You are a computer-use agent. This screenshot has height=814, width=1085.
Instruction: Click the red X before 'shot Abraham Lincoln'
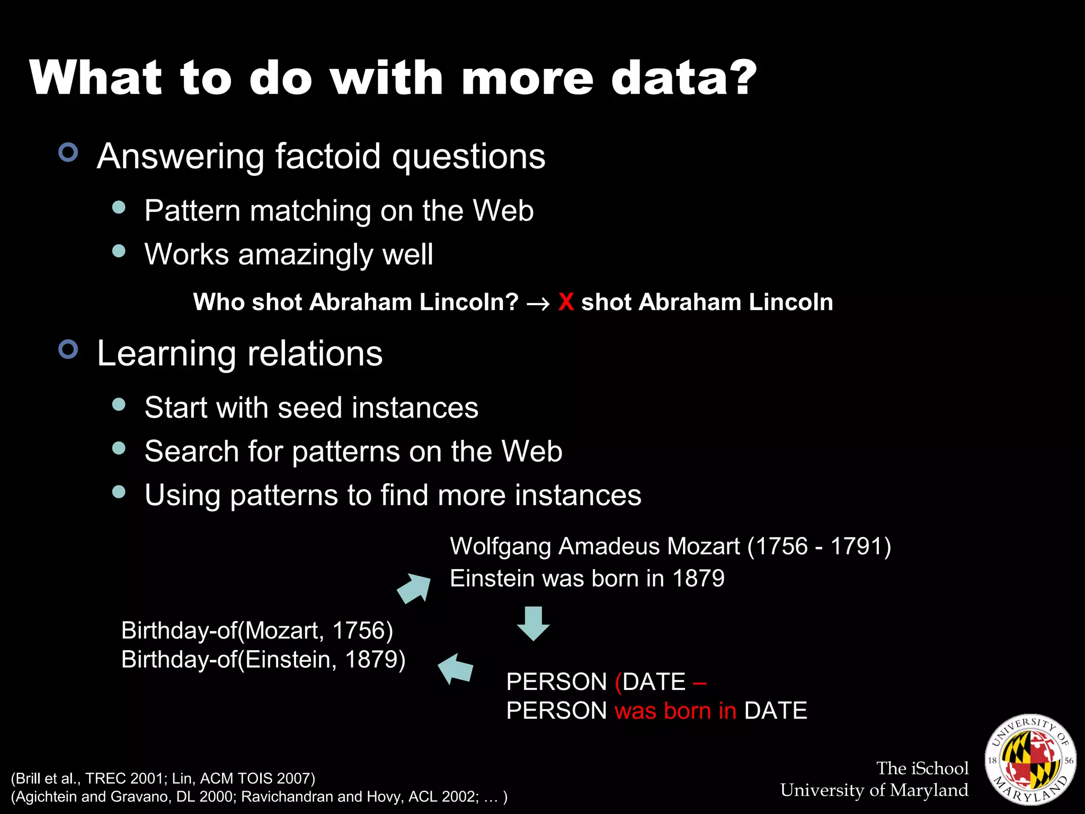coord(566,302)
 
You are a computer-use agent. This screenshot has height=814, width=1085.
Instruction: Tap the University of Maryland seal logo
coord(1030,759)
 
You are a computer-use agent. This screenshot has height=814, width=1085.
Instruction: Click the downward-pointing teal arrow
coord(533,624)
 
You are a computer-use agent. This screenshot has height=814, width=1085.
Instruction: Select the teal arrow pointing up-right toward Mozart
coord(415,588)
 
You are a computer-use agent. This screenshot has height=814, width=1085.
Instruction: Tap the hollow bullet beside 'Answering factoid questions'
coord(68,153)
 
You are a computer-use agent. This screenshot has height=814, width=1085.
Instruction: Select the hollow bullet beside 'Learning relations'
coord(68,349)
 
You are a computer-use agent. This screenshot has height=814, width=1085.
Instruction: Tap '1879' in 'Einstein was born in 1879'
coord(698,578)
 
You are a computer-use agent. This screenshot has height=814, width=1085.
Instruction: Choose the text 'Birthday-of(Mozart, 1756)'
coord(257,631)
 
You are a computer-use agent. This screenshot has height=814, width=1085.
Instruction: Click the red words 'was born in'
coord(675,711)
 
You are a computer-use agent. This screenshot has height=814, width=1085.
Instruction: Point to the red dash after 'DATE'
coord(699,682)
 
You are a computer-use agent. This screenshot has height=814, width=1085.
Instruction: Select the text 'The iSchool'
coord(922,768)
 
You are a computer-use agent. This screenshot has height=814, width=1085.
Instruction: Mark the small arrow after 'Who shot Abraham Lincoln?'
coord(538,304)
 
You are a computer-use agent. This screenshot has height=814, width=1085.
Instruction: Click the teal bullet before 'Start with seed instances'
coord(119,405)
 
